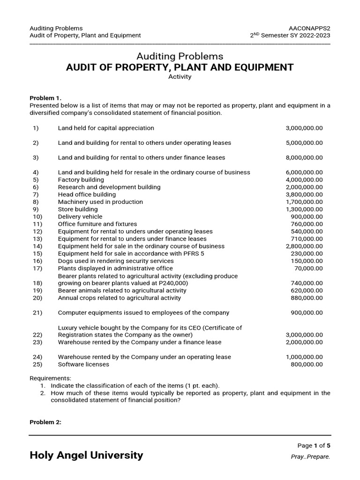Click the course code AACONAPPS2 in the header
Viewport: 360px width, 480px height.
[x=310, y=28]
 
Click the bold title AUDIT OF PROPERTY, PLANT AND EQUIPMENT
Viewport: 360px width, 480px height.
[x=180, y=67]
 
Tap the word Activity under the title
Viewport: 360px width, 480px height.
[x=180, y=77]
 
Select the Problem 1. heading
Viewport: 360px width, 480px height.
[x=45, y=98]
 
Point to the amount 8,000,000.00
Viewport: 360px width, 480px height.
[x=304, y=157]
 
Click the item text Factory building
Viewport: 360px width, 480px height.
[x=81, y=180]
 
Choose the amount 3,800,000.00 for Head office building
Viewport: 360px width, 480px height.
[x=304, y=195]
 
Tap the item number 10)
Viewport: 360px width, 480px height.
[x=37, y=217]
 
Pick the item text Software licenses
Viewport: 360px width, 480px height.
[x=83, y=364]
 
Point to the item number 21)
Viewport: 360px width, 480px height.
[x=37, y=313]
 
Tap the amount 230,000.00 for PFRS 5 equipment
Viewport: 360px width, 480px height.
[x=307, y=254]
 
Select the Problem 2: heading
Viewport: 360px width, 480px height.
[x=45, y=422]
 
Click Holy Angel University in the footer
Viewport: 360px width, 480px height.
[x=86, y=455]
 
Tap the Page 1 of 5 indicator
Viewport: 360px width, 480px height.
[x=314, y=446]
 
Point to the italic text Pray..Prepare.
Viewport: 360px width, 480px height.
[x=311, y=457]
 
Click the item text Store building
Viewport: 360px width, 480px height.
[x=78, y=209]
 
